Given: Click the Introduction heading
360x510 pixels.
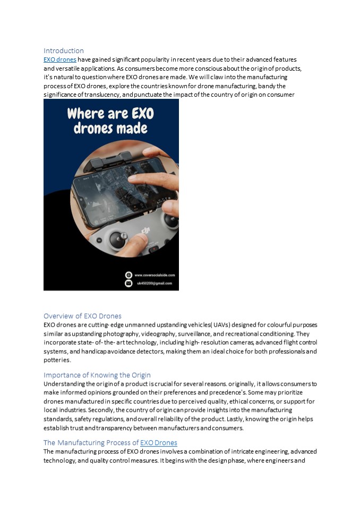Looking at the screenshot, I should (x=64, y=51).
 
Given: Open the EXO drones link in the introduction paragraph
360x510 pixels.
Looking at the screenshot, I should (x=59, y=59).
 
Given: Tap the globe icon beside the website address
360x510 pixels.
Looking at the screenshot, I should (x=128, y=275).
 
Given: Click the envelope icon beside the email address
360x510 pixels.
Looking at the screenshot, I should (x=128, y=283).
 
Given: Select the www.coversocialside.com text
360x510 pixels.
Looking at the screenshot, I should (x=155, y=275).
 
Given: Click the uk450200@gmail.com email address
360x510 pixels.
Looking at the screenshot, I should (x=154, y=283).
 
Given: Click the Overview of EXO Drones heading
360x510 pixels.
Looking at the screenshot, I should (x=82, y=316).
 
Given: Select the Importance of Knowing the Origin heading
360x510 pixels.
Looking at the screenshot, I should (x=97, y=375).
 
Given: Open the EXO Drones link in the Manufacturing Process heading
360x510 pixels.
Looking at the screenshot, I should (x=158, y=443).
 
